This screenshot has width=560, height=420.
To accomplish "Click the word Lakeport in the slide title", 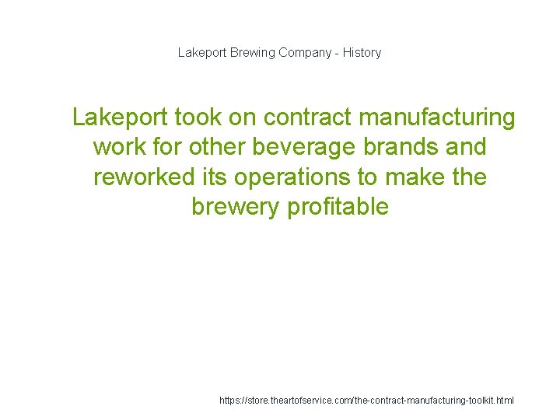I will click(x=202, y=53).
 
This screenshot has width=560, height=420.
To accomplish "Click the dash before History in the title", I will click(x=336, y=53).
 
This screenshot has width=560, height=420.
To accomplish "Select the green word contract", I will click(x=309, y=117).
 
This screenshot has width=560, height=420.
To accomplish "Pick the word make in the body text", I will click(x=413, y=177).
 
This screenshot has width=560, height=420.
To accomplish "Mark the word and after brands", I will click(x=467, y=147).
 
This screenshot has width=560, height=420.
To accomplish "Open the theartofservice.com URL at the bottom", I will click(x=367, y=401).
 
